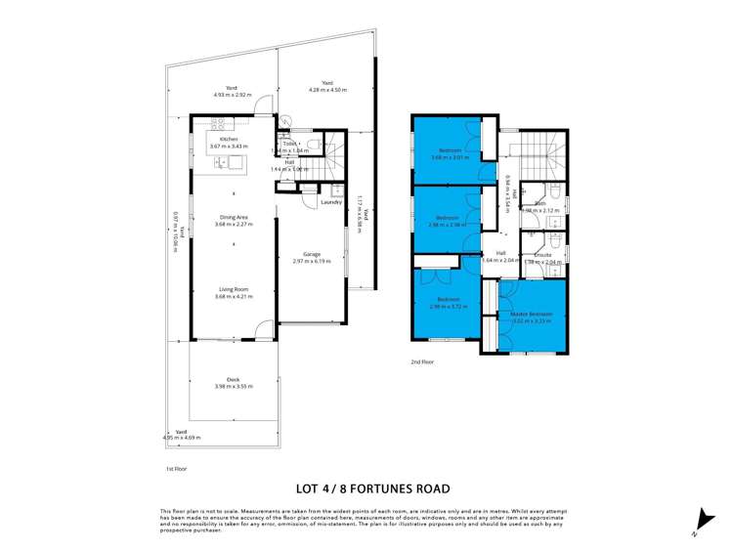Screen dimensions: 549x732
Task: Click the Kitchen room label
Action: pos(229,140)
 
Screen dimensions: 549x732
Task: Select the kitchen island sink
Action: pos(235,162)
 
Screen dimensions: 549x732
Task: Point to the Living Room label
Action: pos(233,289)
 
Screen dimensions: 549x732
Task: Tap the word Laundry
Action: pos(331,202)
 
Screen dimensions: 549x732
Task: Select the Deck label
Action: pos(233,379)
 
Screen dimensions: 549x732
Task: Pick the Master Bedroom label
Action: pos(533,315)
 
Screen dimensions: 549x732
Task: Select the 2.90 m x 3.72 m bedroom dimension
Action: pos(448,306)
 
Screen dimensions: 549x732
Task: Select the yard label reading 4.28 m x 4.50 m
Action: pos(327,90)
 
